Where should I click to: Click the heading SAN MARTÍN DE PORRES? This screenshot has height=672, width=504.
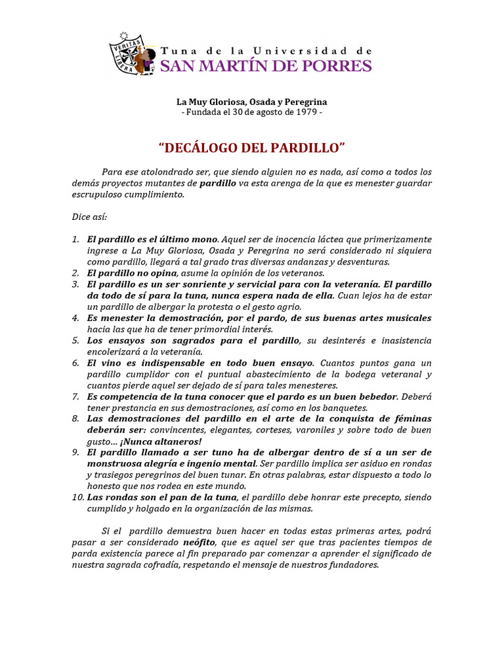point(266,66)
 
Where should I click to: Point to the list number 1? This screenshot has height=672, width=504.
point(76,240)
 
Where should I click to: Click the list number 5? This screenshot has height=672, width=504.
point(76,341)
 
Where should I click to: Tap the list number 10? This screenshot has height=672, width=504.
point(78,497)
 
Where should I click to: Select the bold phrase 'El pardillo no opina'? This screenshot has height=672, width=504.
point(132,273)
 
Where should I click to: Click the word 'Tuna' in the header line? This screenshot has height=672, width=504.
point(175,51)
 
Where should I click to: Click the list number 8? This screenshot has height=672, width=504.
point(76,419)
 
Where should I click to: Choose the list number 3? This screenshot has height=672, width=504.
point(76,284)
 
